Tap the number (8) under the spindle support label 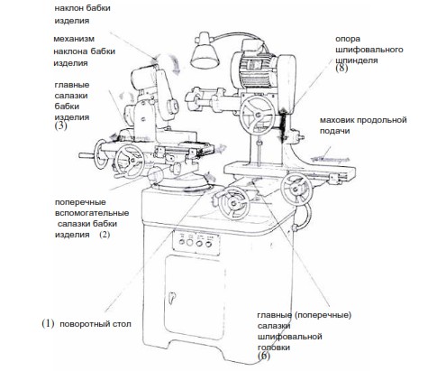click(341, 68)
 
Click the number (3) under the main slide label click(60, 125)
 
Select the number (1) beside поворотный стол click(48, 323)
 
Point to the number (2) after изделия click(105, 234)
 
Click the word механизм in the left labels click(74, 39)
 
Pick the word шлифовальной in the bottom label click(290, 337)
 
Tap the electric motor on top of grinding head click(251, 69)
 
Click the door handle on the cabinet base click(172, 298)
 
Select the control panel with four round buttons click(196, 242)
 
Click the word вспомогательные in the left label click(92, 213)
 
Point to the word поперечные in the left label click(80, 202)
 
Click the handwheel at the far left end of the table click(100, 153)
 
